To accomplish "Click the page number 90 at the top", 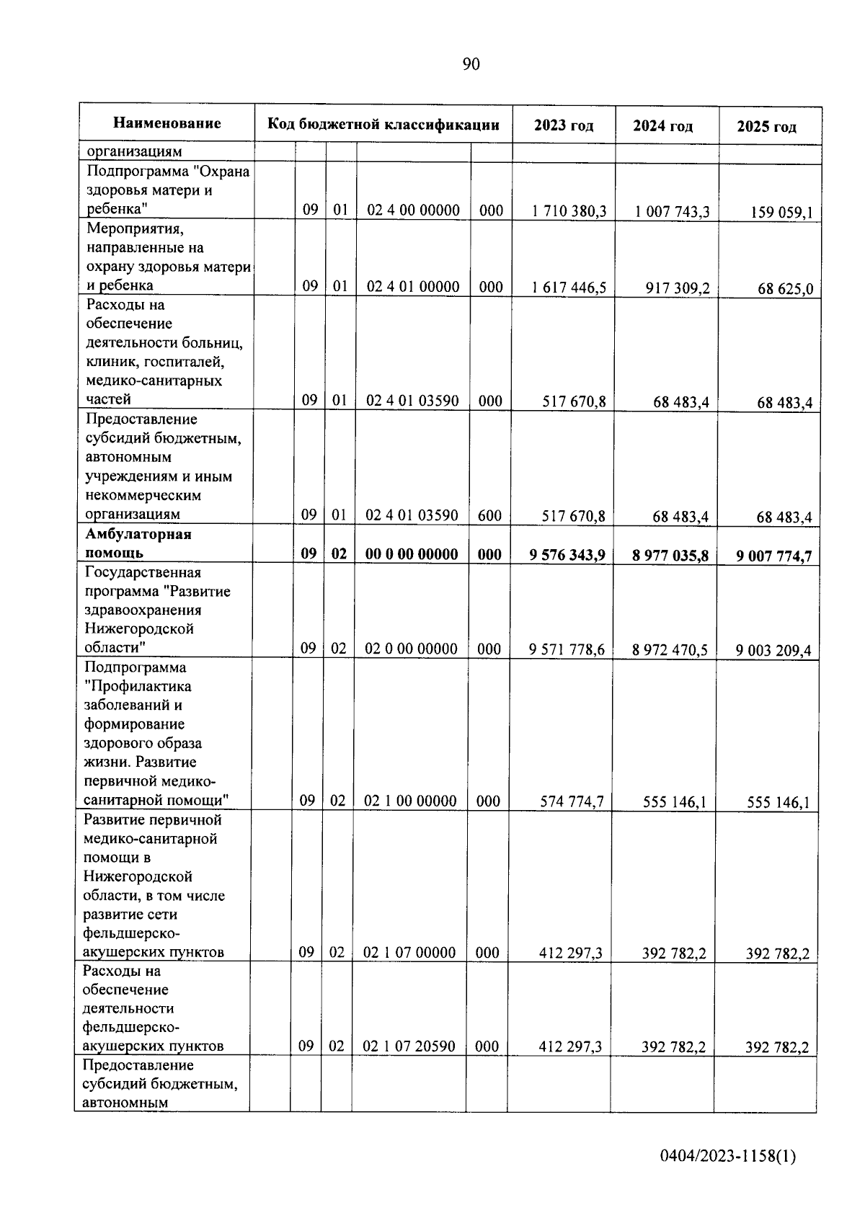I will (471, 64).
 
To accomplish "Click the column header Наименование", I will (167, 123).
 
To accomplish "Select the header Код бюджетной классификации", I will (383, 124).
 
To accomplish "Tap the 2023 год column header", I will (564, 125).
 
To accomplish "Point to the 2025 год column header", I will (766, 127).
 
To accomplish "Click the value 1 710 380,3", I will (569, 211).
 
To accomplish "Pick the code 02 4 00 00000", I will (413, 210).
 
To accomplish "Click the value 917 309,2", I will (677, 288).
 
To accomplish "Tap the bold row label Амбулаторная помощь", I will (138, 543).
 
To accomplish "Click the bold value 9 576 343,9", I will (567, 555).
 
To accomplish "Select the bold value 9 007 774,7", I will (773, 556).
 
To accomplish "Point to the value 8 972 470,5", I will (670, 649).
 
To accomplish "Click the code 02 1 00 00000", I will (410, 801).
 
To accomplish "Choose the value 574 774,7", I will (572, 801).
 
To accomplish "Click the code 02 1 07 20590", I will (409, 1046).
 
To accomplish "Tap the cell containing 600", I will (490, 515).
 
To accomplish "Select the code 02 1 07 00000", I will (409, 953).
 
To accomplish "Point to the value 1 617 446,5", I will (569, 288).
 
